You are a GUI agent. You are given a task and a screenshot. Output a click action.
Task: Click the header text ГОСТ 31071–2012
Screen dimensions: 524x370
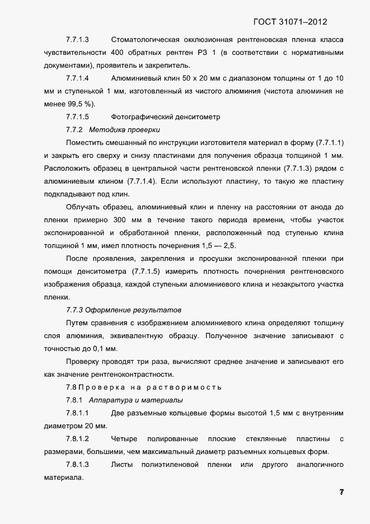coord(289,22)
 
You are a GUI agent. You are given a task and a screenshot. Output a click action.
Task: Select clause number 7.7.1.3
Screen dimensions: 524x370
coord(78,40)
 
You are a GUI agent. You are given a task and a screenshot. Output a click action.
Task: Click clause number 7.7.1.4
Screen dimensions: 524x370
coord(78,78)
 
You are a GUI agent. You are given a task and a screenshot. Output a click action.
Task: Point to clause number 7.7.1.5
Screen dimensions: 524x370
coord(78,117)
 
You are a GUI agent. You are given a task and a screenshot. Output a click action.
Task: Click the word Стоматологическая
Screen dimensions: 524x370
coord(145,40)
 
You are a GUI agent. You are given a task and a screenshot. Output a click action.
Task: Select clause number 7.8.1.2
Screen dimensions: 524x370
coord(78,439)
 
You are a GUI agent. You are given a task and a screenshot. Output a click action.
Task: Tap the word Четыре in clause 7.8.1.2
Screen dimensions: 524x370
coord(124,439)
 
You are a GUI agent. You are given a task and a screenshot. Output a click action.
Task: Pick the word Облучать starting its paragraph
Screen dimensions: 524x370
coord(83,207)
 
